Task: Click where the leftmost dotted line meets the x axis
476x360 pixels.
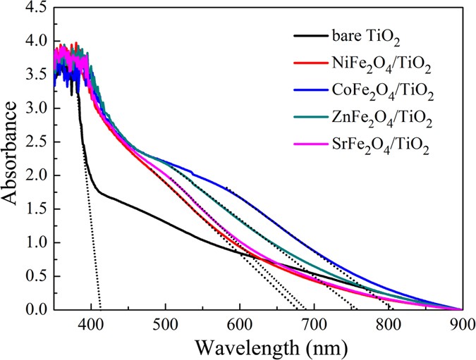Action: coord(101,309)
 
